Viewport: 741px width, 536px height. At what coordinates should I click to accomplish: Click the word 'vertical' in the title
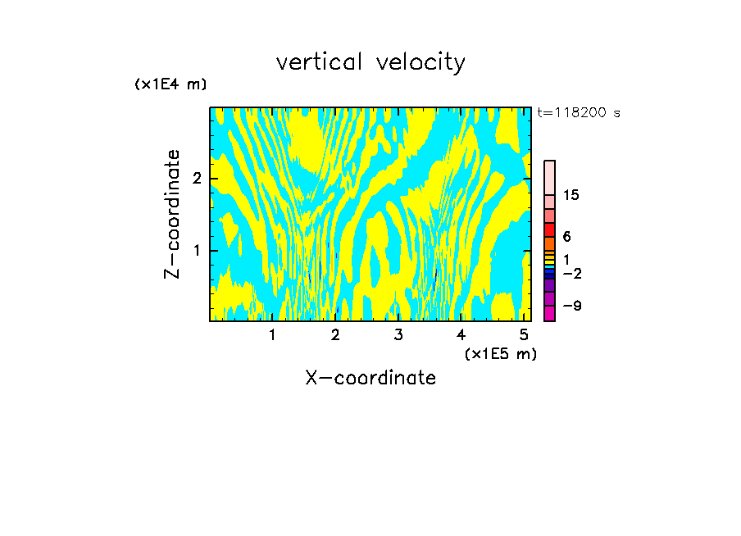(x=320, y=62)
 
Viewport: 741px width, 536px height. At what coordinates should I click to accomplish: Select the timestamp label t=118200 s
(x=579, y=113)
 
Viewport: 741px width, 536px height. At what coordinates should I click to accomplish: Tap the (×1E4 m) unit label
(x=170, y=84)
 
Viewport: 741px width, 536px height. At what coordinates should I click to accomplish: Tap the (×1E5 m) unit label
(x=500, y=353)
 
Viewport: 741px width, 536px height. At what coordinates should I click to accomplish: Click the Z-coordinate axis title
(x=172, y=214)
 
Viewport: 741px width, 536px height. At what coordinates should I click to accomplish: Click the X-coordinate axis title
(x=370, y=378)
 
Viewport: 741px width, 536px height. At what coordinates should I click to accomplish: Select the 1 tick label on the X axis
(x=272, y=335)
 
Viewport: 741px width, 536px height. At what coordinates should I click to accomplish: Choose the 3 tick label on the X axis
(x=398, y=335)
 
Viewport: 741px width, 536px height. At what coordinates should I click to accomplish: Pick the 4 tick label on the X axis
(x=461, y=335)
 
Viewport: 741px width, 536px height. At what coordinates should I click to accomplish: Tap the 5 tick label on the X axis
(x=524, y=335)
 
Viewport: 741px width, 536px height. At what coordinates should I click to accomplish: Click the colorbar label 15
(x=571, y=195)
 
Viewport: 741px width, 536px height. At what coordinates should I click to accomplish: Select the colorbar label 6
(x=566, y=237)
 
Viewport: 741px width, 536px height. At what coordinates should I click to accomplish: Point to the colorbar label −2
(x=572, y=273)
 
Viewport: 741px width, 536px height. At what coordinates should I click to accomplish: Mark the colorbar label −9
(x=572, y=307)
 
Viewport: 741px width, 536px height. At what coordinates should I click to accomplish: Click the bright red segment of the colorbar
(x=550, y=229)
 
